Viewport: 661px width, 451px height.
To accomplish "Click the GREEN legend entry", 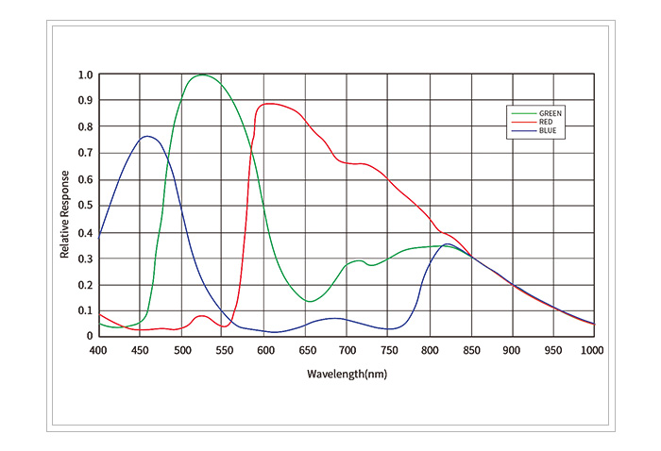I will (x=549, y=113).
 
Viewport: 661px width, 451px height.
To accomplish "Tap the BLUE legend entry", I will (x=547, y=131).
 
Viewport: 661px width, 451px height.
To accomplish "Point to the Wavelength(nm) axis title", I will (x=347, y=374).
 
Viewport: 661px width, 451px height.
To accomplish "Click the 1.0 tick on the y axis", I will (x=85, y=75).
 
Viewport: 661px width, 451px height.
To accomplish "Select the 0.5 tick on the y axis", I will (x=85, y=206).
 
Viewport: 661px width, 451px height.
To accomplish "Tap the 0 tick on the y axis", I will (x=89, y=336).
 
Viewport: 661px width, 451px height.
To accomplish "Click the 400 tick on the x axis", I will (x=98, y=350).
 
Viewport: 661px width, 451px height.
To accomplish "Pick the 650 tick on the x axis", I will (x=305, y=350).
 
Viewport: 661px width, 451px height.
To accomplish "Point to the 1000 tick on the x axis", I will (x=592, y=350).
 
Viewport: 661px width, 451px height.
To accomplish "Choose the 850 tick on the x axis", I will (x=470, y=350).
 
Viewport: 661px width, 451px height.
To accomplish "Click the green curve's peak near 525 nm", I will (x=201, y=75).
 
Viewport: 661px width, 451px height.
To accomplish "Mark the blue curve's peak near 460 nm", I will (x=146, y=136).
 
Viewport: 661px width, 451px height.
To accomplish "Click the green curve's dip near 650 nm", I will (x=310, y=301).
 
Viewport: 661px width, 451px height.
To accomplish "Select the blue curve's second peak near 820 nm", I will (x=448, y=243).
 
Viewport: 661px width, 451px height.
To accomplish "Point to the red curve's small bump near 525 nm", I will (x=201, y=316).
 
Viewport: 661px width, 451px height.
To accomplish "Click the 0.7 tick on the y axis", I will (x=85, y=153).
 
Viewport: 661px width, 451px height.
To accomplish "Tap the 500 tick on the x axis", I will (x=180, y=350).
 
